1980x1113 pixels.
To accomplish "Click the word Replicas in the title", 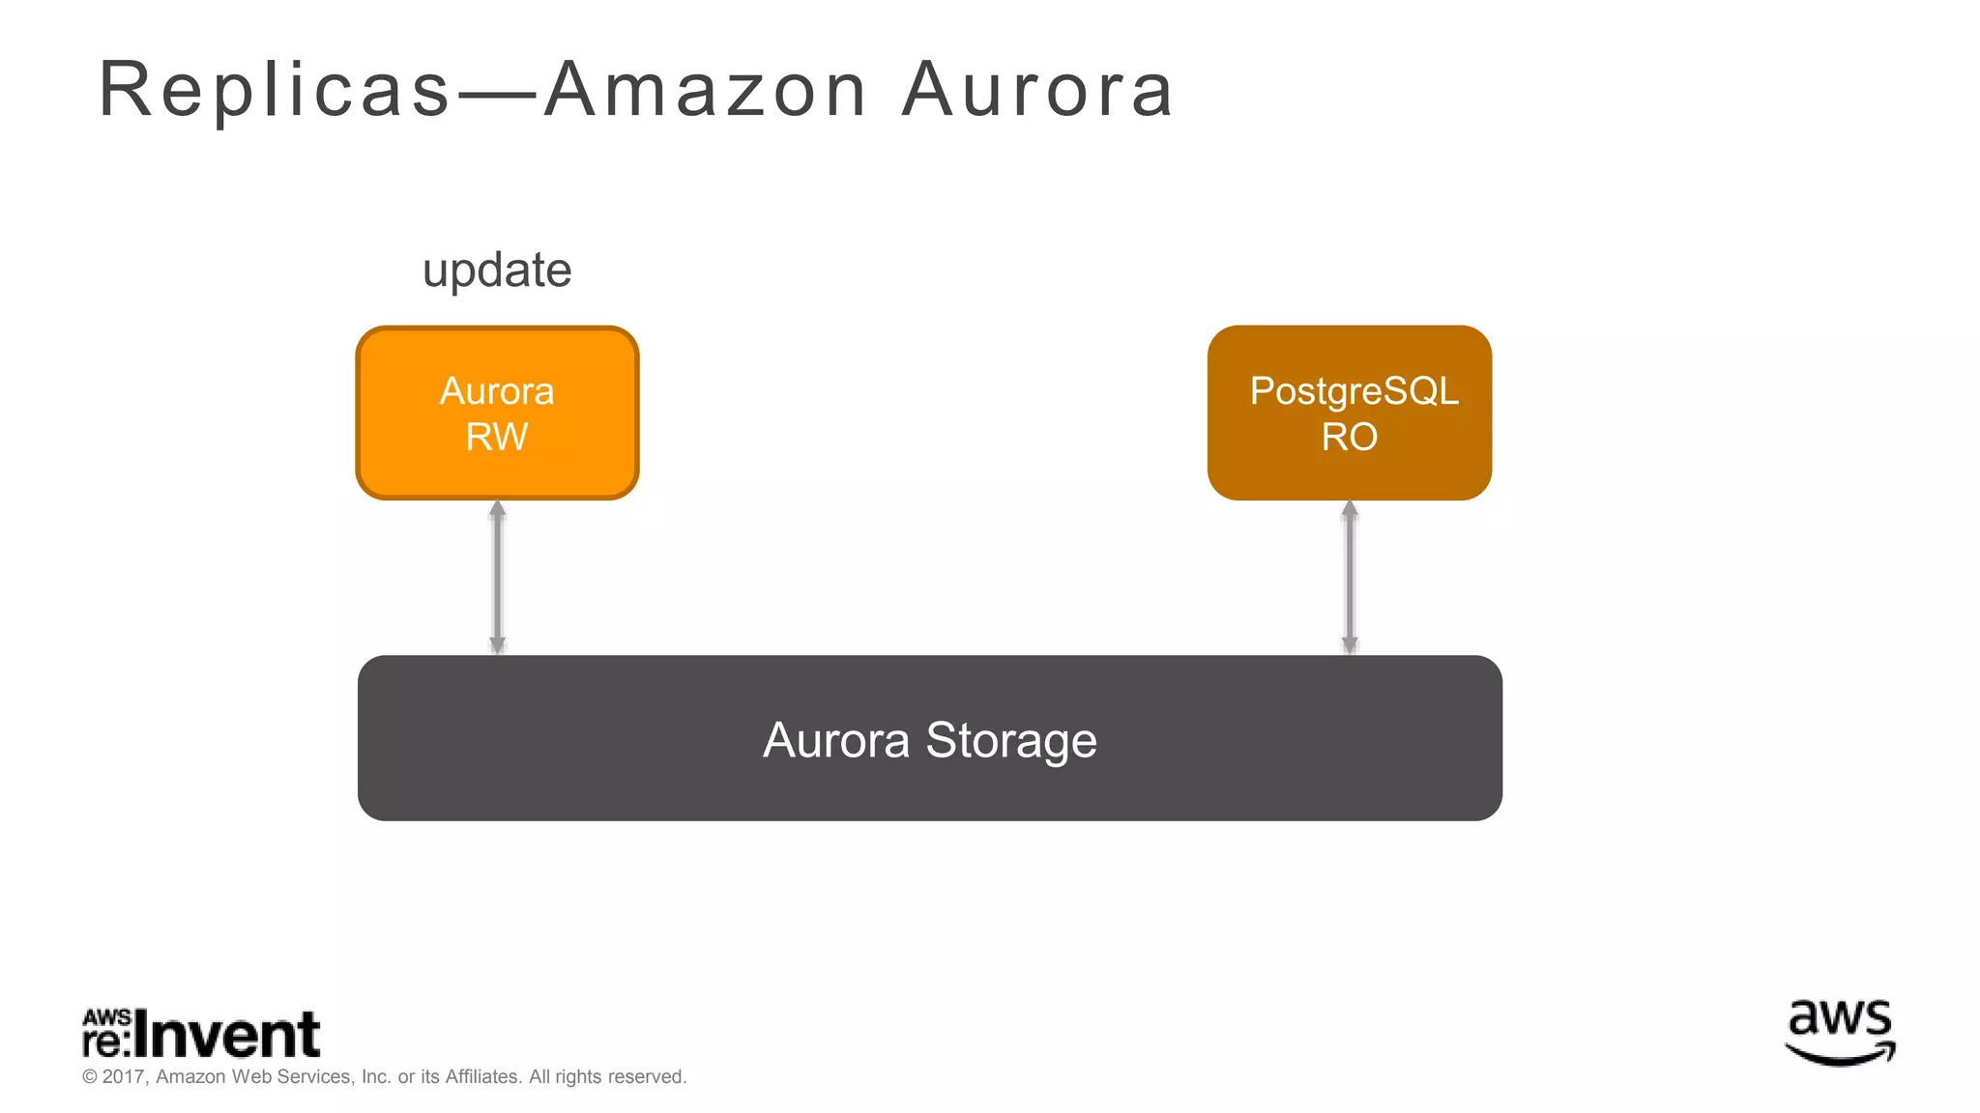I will click(x=275, y=90).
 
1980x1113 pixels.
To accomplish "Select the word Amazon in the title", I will click(x=706, y=90).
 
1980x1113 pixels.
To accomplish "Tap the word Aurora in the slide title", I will click(x=1037, y=90).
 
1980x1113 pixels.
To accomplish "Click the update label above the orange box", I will click(x=497, y=271).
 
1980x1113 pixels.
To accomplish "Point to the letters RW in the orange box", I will click(x=497, y=438).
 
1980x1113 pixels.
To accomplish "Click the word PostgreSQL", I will click(x=1354, y=391).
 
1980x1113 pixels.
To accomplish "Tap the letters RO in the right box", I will click(x=1350, y=438).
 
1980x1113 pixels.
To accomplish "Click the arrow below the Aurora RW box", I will click(x=497, y=577).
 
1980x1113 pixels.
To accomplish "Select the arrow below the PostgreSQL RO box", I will click(x=1350, y=577).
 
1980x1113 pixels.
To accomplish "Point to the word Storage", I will click(x=1011, y=741).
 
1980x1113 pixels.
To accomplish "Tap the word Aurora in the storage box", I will click(x=836, y=741).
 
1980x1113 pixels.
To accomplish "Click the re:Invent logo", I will click(x=201, y=1034).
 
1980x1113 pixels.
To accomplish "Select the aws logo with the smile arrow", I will click(x=1840, y=1033).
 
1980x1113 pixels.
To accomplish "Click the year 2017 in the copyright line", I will click(x=123, y=1077).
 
